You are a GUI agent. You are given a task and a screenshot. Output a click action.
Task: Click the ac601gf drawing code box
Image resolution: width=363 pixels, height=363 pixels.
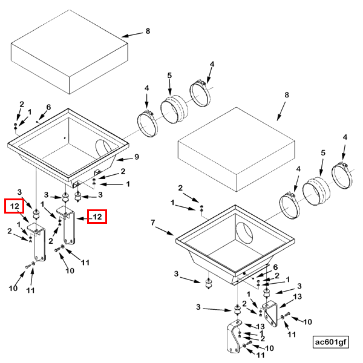330,342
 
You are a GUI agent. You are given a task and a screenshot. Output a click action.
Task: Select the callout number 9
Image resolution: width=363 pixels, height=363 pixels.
137,157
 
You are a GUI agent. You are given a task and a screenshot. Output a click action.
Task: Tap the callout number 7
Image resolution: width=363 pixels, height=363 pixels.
153,223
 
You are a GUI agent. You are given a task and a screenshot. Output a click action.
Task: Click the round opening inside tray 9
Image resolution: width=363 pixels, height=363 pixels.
103,148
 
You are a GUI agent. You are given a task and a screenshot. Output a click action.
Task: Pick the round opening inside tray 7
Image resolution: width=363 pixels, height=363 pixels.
244,232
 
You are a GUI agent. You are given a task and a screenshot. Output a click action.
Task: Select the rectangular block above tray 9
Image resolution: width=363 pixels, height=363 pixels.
70,51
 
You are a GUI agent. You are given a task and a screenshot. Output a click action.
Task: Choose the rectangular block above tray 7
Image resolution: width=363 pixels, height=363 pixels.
236,149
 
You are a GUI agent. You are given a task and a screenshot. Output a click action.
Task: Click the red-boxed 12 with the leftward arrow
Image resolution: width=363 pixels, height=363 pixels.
97,217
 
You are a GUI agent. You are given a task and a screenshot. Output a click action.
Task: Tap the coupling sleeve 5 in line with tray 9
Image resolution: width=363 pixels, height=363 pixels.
174,109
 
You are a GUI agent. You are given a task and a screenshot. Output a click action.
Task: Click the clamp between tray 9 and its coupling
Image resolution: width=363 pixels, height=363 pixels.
148,124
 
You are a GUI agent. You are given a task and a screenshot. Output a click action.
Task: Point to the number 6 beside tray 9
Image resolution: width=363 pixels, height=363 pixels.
48,107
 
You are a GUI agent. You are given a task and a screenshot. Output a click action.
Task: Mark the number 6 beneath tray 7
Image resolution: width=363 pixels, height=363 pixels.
275,267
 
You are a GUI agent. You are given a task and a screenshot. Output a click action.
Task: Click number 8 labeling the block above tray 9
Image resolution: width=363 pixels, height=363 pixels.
148,31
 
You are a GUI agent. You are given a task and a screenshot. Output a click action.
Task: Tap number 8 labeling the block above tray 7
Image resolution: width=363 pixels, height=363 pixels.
287,95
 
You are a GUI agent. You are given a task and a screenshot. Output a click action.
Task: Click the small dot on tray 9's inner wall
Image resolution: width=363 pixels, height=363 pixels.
65,138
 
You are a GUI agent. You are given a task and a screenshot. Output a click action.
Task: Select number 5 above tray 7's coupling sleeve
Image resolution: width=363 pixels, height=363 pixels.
323,153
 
